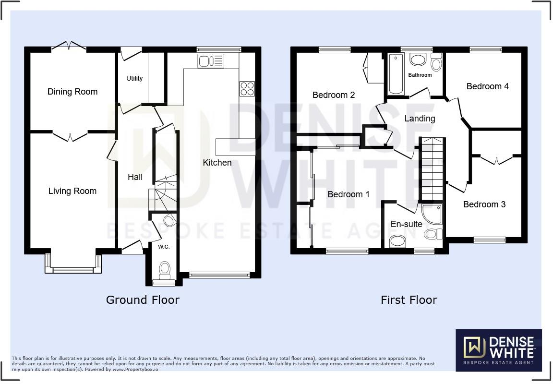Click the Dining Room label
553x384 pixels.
72,92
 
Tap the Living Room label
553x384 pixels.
72,191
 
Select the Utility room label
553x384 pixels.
134,78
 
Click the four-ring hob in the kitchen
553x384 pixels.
247,89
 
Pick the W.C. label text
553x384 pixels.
164,247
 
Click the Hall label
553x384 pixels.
135,177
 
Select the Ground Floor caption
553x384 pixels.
143,300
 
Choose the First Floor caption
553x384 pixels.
409,300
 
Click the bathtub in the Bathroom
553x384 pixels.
396,74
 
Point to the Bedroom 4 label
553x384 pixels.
487,86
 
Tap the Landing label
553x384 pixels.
420,119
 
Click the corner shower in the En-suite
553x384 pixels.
432,214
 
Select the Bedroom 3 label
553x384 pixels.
484,204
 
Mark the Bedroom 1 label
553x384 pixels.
349,194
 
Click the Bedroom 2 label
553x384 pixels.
333,95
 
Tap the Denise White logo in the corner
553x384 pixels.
499,350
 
